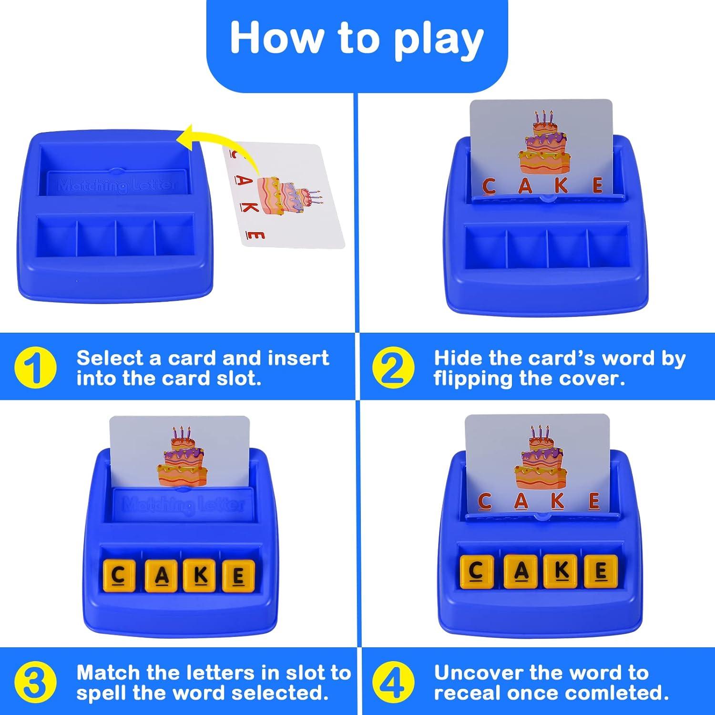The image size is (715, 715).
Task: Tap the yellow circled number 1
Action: click(35, 368)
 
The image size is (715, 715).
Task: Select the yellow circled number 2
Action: click(393, 368)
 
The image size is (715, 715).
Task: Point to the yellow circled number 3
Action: click(35, 683)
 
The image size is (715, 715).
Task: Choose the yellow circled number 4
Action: click(393, 683)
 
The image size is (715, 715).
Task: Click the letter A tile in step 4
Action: click(521, 571)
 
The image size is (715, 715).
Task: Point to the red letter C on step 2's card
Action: click(489, 186)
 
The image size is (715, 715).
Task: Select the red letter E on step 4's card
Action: click(594, 501)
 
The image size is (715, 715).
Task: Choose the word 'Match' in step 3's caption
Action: click(108, 673)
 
